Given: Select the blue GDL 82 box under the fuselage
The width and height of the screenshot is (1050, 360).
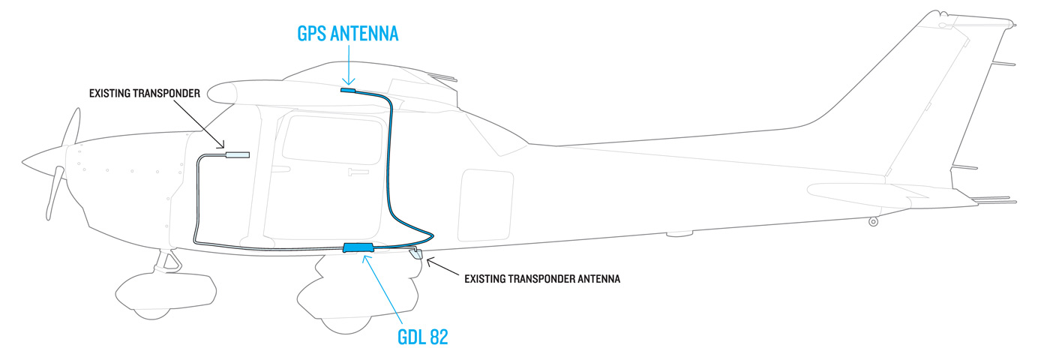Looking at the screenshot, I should (358, 247).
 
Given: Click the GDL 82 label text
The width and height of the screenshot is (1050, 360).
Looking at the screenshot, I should (422, 337).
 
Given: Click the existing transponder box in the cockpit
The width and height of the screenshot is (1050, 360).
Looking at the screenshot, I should (237, 155).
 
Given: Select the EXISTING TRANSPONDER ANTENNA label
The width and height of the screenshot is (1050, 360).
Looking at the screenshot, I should (541, 279).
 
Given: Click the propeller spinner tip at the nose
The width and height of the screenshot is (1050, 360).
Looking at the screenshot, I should (25, 160).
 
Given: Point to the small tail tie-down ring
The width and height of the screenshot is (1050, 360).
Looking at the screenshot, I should (873, 221).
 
